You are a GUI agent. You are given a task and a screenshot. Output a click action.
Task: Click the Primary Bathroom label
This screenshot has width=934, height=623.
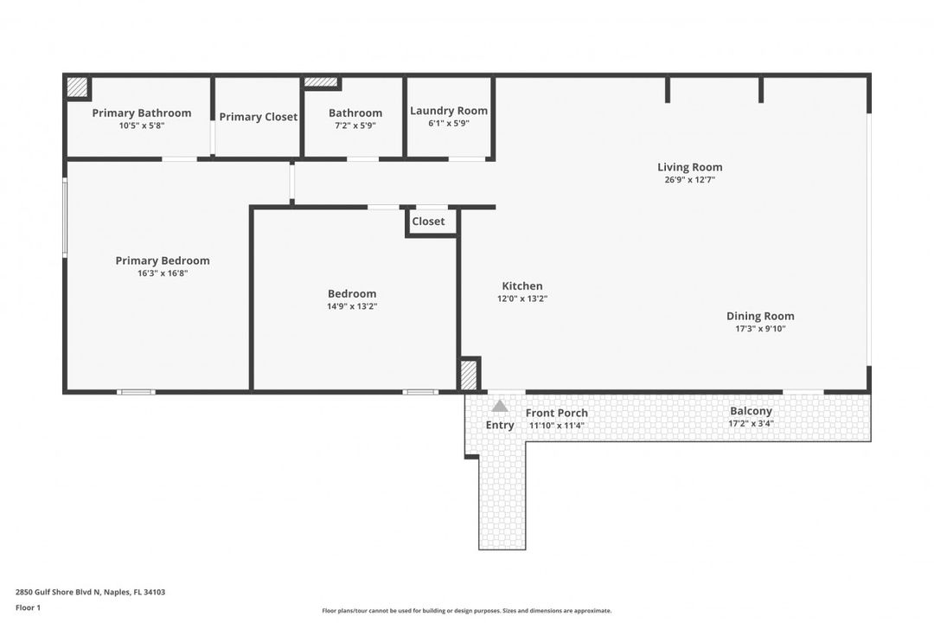tap(142, 113)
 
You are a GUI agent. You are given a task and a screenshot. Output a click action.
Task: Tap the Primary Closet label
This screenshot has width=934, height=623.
tap(258, 117)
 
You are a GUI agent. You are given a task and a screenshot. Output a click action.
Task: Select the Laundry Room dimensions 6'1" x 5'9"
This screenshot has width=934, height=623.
tap(448, 124)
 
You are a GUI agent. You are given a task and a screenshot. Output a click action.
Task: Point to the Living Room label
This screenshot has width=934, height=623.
tap(689, 168)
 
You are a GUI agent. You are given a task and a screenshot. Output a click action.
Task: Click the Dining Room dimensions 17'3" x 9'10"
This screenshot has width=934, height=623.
tap(760, 329)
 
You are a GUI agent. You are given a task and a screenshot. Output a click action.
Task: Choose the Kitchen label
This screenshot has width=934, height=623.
tap(522, 286)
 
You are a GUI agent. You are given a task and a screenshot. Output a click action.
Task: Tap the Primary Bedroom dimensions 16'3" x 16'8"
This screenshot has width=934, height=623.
tap(163, 273)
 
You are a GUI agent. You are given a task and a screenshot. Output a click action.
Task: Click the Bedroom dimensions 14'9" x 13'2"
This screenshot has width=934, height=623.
tap(352, 306)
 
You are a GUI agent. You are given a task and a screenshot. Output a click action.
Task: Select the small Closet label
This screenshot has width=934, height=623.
tap(428, 222)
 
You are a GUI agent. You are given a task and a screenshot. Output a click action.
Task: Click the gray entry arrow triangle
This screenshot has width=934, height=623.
tap(500, 406)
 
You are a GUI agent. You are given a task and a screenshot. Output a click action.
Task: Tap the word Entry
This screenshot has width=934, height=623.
tap(500, 425)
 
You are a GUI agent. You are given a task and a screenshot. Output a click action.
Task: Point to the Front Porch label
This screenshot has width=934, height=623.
tap(556, 413)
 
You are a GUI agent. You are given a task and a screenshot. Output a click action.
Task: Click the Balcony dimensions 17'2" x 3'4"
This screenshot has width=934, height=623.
tap(751, 424)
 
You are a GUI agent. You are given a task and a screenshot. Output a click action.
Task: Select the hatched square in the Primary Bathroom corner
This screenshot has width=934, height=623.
tap(78, 87)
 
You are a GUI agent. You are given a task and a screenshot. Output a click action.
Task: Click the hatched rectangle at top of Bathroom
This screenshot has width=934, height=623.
tap(321, 82)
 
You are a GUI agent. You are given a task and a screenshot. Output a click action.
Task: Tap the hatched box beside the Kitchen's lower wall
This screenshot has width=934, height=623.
tap(468, 375)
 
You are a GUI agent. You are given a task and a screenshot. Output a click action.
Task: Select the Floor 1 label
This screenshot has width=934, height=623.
tap(28, 607)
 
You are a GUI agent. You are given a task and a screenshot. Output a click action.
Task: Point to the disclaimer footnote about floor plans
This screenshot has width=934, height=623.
tap(466, 611)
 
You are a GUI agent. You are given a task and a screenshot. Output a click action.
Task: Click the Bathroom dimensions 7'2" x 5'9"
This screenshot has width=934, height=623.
tap(355, 125)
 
